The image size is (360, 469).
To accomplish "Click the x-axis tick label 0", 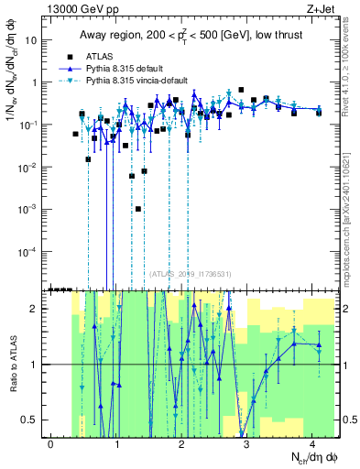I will click(51, 444).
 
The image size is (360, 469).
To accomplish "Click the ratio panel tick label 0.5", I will click(35, 420).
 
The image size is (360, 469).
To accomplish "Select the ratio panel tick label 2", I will click(38, 309).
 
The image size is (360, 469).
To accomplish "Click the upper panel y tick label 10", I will click(36, 40).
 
